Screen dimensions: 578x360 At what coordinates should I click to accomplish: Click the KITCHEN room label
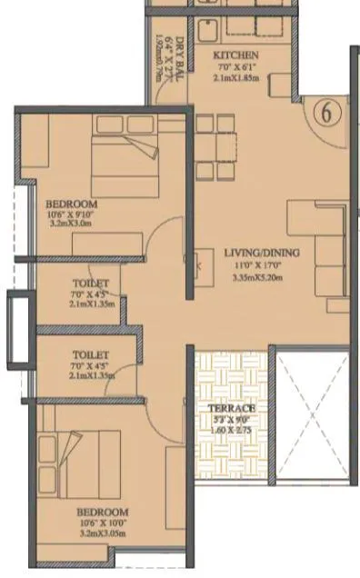[237, 56]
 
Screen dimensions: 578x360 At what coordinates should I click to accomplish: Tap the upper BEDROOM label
[71, 204]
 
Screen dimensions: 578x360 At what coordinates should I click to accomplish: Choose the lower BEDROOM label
[102, 512]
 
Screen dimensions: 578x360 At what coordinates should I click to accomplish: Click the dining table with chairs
[216, 146]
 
